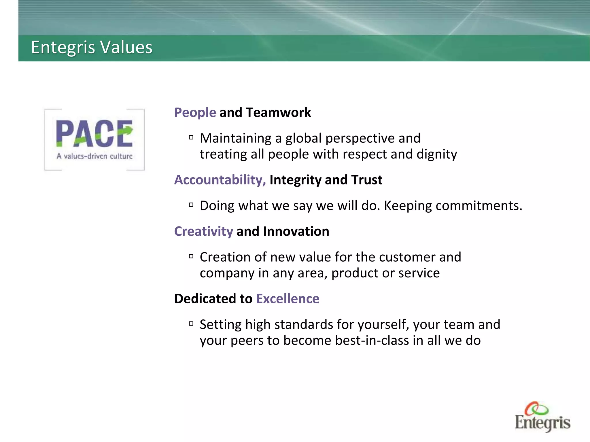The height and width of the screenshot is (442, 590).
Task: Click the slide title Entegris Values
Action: (92, 47)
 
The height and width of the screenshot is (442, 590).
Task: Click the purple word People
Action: (195, 113)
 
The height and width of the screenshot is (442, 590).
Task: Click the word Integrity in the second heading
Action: (295, 180)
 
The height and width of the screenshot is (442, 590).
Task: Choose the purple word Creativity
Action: (203, 231)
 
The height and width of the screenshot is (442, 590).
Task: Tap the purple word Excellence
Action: (288, 299)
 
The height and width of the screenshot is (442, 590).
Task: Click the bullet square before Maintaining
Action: (191, 138)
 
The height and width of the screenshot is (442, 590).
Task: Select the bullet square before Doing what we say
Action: (191, 205)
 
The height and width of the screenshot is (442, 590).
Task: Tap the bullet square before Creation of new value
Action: (191, 256)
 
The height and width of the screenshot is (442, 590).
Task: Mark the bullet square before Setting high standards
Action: (191, 324)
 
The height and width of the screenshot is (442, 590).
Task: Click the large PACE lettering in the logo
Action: (94, 134)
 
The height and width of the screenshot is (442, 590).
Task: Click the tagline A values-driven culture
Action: (94, 156)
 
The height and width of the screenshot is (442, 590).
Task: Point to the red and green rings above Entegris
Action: (536, 408)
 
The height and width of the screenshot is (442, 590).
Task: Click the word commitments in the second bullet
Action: (479, 206)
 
